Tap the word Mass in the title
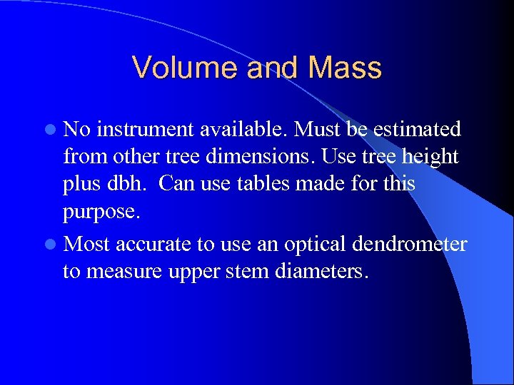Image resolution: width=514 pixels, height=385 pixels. pos(346,68)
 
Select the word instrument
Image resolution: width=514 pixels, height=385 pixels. pos(143,130)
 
